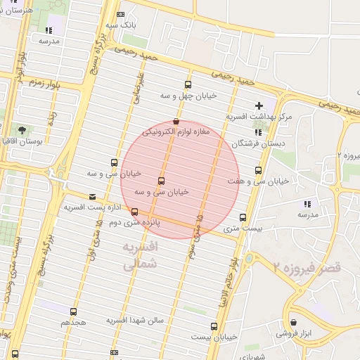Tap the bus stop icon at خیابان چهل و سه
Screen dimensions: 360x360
tap(188, 82)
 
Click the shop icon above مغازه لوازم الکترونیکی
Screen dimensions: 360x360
tap(176, 121)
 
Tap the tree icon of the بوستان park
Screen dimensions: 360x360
tap(22, 130)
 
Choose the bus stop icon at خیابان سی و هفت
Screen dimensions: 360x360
tap(259, 170)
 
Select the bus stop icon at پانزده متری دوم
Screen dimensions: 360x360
tap(134, 212)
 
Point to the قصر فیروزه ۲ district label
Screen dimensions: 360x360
tap(307, 268)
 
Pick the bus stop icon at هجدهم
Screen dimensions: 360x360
tap(74, 311)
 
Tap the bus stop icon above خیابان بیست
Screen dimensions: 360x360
tap(214, 326)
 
